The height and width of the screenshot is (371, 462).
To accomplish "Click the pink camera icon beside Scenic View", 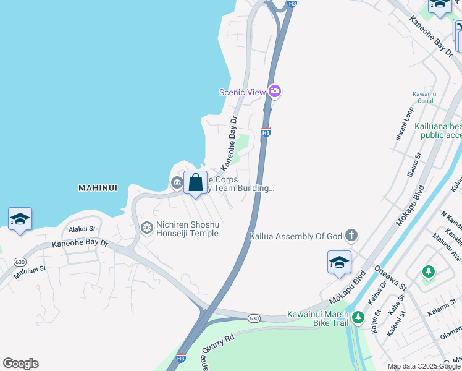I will click(x=275, y=92).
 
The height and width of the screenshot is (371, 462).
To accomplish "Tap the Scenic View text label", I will click(x=242, y=92).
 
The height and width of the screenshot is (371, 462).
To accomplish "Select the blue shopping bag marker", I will click(x=196, y=183).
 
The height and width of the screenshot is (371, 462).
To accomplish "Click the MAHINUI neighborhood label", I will click(x=98, y=187).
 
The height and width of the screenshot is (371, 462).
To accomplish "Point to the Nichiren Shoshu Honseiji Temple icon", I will click(x=147, y=228).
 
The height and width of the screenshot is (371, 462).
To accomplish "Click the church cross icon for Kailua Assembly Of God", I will click(x=351, y=235).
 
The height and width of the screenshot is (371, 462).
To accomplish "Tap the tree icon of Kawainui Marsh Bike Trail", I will click(x=359, y=318).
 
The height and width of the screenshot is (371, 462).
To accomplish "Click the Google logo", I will click(x=20, y=364).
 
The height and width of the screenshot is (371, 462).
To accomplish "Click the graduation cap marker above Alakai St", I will click(x=20, y=219).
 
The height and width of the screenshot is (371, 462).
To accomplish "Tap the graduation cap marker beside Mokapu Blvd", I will click(x=339, y=262).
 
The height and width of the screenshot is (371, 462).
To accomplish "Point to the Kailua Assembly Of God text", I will click(x=296, y=236).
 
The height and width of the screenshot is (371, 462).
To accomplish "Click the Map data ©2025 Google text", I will click(x=423, y=366).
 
